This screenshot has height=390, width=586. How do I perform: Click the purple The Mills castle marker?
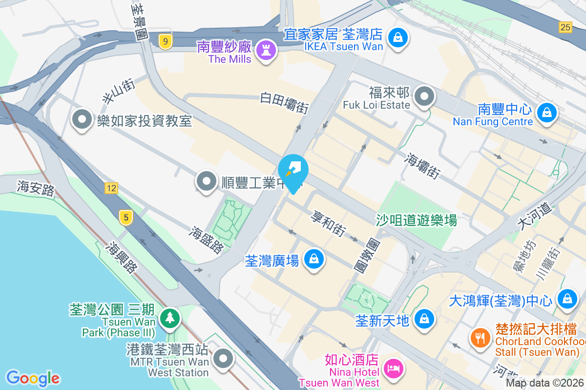tap(266, 50)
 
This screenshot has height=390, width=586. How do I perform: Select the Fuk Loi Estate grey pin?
tap(424, 97)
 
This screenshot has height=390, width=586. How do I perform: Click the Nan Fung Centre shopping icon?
tap(547, 112)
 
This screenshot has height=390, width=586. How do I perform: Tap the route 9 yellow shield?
tap(166, 42)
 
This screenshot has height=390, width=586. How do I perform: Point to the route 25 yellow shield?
tap(565, 27)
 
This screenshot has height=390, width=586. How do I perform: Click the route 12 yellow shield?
tap(111, 188)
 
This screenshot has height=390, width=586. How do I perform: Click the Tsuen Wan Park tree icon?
tap(169, 317)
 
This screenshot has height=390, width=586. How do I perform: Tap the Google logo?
tap(33, 378)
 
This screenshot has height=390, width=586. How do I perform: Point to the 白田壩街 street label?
tap(284, 102)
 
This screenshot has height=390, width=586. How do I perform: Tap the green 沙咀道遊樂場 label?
tap(416, 220)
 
